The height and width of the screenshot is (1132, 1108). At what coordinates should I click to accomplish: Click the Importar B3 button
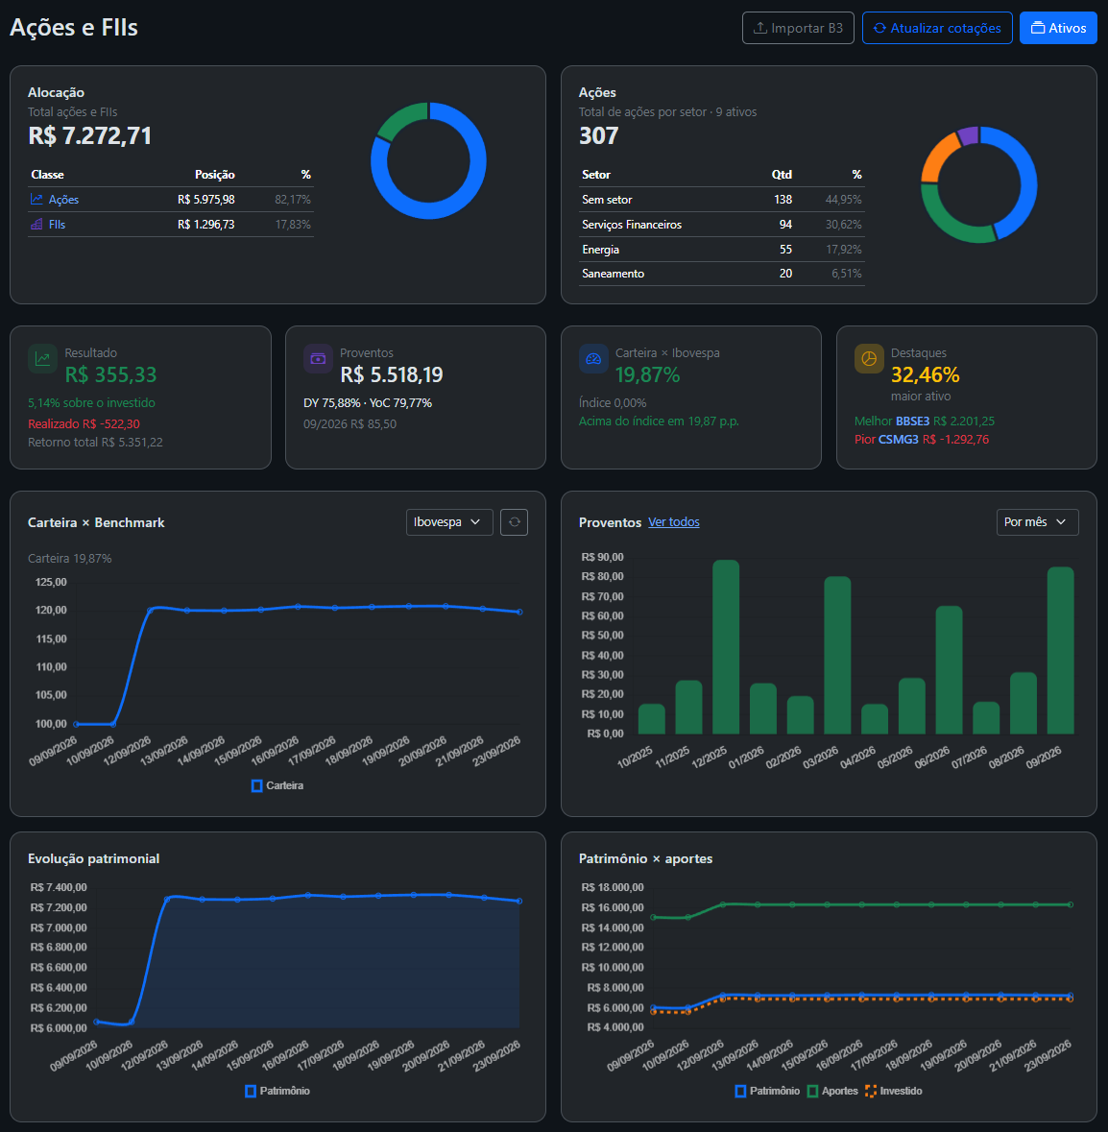pos(798,28)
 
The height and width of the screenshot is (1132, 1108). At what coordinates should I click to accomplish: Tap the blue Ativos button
pos(1058,28)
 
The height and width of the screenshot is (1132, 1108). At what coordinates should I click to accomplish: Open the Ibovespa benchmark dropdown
pos(449,522)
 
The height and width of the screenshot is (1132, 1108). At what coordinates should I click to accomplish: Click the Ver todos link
pos(673,522)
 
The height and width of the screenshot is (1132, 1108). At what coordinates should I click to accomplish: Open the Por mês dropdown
pos(1037,522)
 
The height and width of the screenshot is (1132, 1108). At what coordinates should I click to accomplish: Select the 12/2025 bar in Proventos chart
pos(726,647)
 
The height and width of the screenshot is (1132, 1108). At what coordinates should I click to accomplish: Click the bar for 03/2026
pos(837,655)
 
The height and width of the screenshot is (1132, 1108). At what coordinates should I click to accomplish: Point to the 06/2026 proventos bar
pos(950,670)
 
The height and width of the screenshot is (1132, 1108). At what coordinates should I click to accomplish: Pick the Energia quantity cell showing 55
pos(785,250)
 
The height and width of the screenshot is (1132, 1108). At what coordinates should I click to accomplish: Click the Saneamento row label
pos(613,274)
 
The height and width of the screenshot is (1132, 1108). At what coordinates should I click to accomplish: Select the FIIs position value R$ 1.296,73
pos(205,225)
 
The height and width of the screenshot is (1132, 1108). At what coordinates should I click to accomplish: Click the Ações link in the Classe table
pos(63,200)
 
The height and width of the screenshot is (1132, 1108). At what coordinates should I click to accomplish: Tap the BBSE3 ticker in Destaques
pos(912,421)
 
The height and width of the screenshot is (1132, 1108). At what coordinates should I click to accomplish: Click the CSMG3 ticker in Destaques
pos(898,440)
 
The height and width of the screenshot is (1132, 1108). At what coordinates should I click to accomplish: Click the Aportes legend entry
pos(832,1091)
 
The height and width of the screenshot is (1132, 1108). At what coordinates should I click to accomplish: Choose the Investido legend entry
pos(893,1091)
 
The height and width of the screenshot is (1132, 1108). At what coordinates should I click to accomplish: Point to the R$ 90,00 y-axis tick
pos(602,557)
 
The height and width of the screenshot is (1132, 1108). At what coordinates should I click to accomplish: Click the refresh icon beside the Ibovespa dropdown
pos(514,522)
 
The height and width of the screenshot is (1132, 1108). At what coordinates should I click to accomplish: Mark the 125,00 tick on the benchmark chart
pos(51,582)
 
